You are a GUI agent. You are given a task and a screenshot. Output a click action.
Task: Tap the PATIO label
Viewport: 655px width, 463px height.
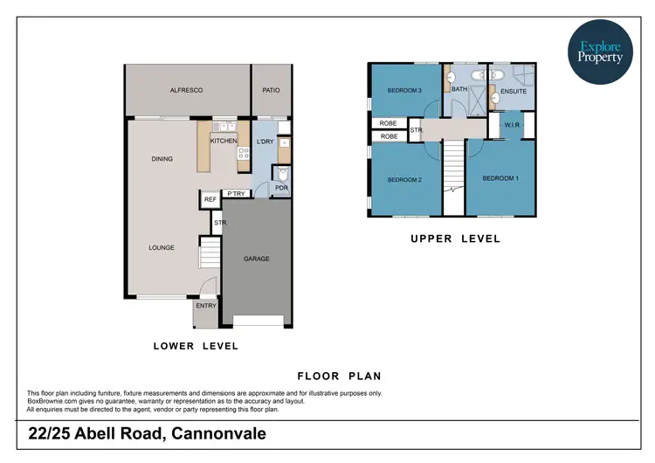coord(271,90)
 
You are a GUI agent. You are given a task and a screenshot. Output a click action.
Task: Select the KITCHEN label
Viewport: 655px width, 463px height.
coord(224,141)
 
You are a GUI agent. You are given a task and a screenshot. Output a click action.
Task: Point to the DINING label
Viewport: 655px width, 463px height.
coord(162,159)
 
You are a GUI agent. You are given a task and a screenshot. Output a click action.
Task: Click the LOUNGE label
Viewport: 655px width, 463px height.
coord(161,247)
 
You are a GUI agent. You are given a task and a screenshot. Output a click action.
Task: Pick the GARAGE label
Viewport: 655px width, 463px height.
coord(256,259)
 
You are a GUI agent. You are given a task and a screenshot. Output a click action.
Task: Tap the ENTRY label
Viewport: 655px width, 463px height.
coord(206,306)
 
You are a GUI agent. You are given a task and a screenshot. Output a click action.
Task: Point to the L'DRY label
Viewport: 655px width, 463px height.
coord(265,141)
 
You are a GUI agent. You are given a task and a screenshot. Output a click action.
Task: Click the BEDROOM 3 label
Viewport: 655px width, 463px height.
coord(405,90)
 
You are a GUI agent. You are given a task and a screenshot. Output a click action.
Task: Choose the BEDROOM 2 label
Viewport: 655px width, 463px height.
coord(405,179)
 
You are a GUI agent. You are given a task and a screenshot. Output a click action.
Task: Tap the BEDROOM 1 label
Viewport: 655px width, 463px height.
coord(500,178)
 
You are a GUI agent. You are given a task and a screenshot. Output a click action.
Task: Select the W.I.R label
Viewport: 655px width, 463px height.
coord(512,125)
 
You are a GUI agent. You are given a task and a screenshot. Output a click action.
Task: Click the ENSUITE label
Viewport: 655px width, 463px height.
coord(514,90)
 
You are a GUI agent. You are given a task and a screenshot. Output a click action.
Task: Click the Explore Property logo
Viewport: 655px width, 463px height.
coord(600,52)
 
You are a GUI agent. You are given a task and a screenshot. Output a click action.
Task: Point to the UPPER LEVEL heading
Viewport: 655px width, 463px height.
coord(455,238)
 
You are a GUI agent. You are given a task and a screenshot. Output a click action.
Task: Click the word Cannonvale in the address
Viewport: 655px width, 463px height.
coord(219,434)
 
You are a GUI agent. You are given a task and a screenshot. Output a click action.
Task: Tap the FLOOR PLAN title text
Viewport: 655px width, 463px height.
coord(339,377)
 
